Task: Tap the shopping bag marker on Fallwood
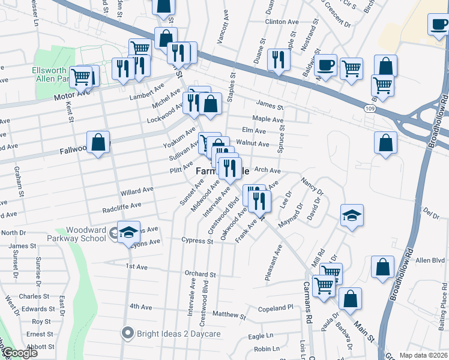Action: click(98, 143)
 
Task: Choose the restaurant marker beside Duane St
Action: click(278, 59)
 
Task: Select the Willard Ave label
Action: click(137, 191)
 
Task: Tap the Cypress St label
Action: click(197, 241)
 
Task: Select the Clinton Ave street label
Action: click(282, 22)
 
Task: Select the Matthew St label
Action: click(229, 314)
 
